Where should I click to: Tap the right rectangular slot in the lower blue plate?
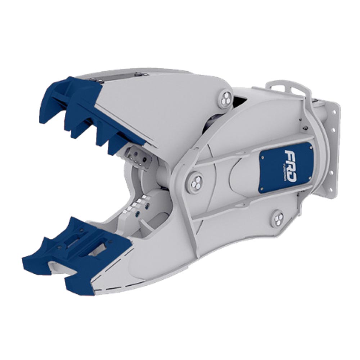101,248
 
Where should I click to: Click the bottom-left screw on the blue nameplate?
262,189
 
